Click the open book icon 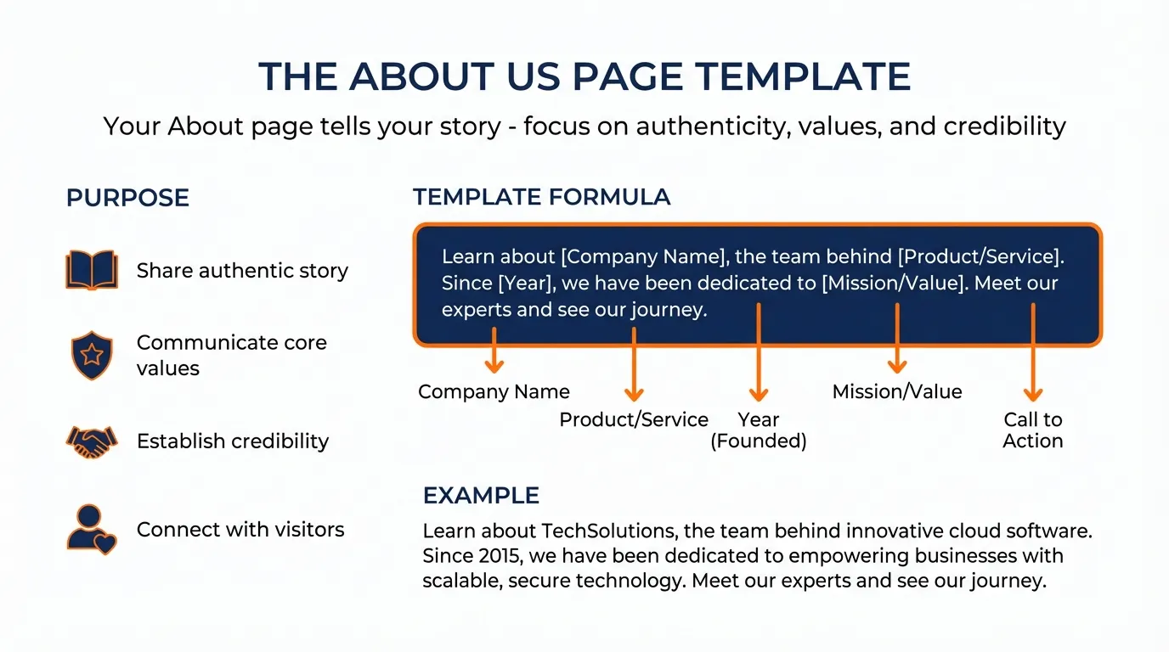point(92,270)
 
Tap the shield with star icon point(92,355)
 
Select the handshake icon point(92,441)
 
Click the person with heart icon point(92,530)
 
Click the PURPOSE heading point(127,198)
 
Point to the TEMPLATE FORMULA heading point(541,198)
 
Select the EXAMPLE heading point(481,496)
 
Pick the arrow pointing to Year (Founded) point(759,352)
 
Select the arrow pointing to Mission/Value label point(897,340)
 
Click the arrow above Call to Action point(1033,352)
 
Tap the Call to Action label point(1033,430)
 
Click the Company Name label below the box point(494,392)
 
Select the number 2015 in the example point(493,557)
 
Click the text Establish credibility point(233,441)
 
